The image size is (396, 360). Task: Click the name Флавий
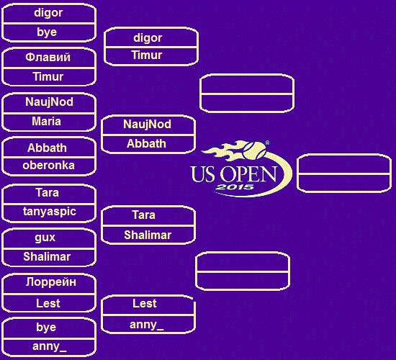click(x=48, y=58)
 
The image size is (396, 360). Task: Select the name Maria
click(x=47, y=121)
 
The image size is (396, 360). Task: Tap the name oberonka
click(x=48, y=166)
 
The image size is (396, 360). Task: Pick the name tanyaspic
click(x=50, y=212)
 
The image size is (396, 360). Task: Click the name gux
click(x=45, y=238)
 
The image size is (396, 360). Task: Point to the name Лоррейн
click(x=51, y=282)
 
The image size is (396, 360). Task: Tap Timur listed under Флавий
click(x=48, y=76)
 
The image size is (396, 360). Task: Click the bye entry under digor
click(x=47, y=32)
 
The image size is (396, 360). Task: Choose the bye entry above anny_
click(x=46, y=327)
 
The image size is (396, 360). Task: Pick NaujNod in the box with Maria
click(x=49, y=102)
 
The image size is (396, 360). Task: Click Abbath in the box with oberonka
click(x=47, y=148)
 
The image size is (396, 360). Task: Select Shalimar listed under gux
click(x=47, y=256)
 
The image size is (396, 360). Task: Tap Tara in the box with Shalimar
click(x=144, y=215)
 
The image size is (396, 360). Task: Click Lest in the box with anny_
click(x=145, y=303)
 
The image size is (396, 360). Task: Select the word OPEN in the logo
click(x=248, y=174)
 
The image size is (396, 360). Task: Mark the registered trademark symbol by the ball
click(x=267, y=143)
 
